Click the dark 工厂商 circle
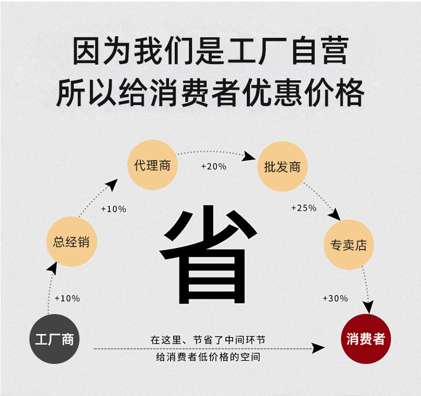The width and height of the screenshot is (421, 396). pyautogui.click(x=54, y=339)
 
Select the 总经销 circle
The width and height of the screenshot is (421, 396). pyautogui.click(x=71, y=242)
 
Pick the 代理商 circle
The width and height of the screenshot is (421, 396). pyautogui.click(x=152, y=165)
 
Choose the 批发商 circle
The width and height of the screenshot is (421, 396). pyautogui.click(x=282, y=167)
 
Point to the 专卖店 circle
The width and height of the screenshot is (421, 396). pyautogui.click(x=348, y=245)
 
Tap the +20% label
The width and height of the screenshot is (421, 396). pyautogui.click(x=214, y=166)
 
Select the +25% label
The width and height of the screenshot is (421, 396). pyautogui.click(x=304, y=208)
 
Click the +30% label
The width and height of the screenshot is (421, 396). pyautogui.click(x=335, y=298)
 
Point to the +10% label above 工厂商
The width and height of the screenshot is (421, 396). pyautogui.click(x=67, y=298)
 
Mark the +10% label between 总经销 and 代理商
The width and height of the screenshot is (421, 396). pyautogui.click(x=114, y=209)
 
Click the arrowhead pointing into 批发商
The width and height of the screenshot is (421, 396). pyautogui.click(x=251, y=156)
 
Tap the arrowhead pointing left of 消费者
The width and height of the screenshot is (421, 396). pyautogui.click(x=319, y=348)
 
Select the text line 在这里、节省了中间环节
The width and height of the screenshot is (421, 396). pyautogui.click(x=208, y=340)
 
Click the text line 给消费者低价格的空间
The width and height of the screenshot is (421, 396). pyautogui.click(x=208, y=357)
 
